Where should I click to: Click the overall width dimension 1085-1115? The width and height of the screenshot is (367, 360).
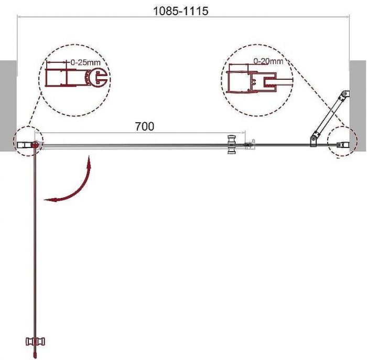coord(180,11)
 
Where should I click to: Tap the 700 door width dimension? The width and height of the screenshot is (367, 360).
coord(145,126)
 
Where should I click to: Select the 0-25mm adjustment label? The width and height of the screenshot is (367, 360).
coord(85,62)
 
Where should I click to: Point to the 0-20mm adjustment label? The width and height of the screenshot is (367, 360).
coord(268,61)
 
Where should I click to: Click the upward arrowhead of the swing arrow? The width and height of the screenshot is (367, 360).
coord(89,162)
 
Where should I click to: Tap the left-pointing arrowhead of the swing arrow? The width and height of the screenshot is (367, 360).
coord(50,200)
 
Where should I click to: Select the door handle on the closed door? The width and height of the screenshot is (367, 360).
coord(232,144)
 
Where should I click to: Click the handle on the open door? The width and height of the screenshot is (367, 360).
coord(35,341)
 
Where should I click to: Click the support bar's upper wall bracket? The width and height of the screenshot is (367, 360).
coord(346,94)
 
